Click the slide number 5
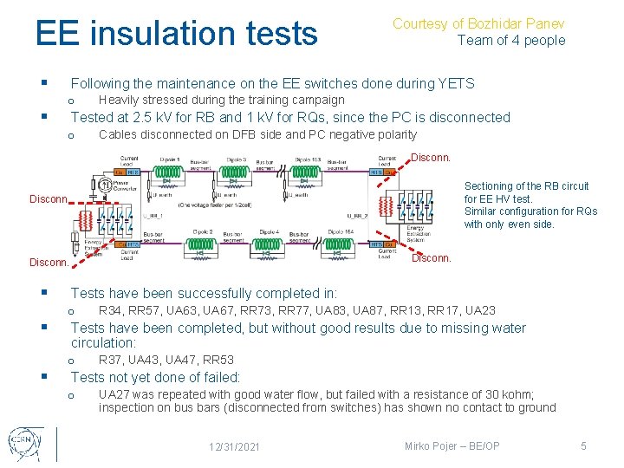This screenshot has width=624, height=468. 583,445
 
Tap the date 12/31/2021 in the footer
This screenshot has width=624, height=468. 234,446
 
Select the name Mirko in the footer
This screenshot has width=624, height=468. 420,445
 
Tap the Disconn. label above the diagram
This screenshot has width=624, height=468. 430,158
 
